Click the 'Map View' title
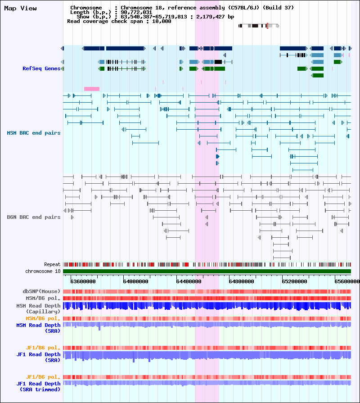21,8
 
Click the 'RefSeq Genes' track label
41,68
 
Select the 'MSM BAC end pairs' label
34,133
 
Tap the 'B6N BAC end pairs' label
34,217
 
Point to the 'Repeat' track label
52,264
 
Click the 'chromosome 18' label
43,271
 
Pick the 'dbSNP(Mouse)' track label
41,291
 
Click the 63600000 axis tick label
83,281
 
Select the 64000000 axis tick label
135,281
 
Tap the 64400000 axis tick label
189,281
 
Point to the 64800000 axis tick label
241,281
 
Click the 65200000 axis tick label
294,281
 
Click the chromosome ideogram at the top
259,26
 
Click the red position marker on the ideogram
267,26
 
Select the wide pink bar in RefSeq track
92,89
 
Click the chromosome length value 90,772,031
136,12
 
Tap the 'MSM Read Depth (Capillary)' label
39,308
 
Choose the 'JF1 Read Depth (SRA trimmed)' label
39,386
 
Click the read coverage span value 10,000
162,21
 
